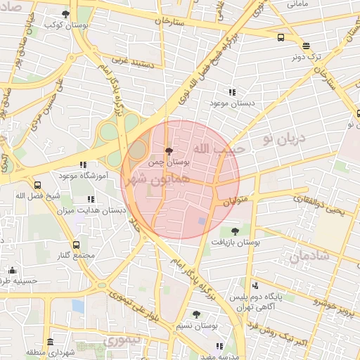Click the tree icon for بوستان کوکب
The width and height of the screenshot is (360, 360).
[x=65, y=14]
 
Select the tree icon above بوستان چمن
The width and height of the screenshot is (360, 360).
[x=168, y=150]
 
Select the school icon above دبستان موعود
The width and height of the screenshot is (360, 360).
[x=232, y=92]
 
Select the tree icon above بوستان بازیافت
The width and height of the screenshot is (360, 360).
[x=235, y=231]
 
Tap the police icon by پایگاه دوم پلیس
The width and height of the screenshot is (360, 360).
[x=255, y=285]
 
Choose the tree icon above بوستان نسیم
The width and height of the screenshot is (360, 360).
[x=196, y=314]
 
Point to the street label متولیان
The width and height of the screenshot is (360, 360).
[x=237, y=202]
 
